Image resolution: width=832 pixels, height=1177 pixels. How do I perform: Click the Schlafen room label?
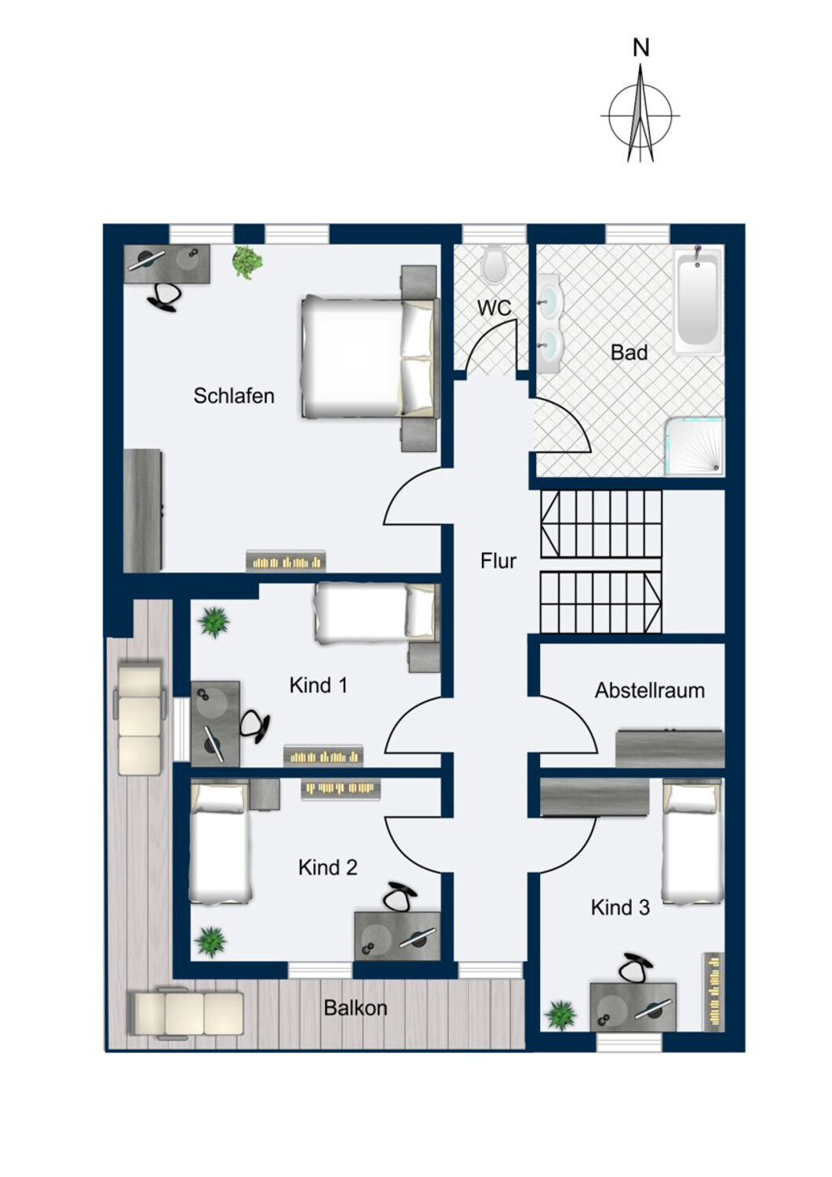tap(234, 395)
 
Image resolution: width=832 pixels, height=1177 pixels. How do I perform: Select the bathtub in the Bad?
tap(698, 301)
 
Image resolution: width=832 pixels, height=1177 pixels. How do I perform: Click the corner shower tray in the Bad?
tap(695, 446)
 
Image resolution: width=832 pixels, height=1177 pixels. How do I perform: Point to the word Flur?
tap(498, 561)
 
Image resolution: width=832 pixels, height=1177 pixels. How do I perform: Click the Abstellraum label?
tap(650, 691)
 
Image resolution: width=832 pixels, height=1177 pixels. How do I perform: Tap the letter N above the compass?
tap(640, 49)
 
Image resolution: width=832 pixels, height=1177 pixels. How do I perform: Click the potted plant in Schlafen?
tap(247, 261)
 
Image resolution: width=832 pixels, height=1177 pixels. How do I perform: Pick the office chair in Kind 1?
tap(255, 726)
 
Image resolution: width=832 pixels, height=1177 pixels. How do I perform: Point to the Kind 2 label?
tap(328, 868)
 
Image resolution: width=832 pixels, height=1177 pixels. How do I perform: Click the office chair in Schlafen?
tap(165, 297)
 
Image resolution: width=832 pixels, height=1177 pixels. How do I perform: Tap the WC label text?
tap(494, 308)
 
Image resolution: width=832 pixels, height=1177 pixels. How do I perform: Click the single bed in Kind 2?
tap(221, 842)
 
